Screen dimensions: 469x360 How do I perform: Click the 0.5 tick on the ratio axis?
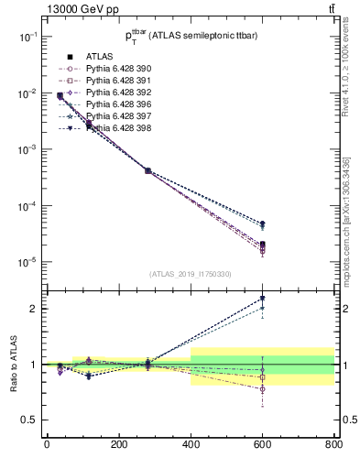29,420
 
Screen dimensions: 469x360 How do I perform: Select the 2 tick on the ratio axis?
35,309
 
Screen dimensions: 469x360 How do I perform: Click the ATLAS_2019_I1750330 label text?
190,274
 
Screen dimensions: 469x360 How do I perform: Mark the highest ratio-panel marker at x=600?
262,298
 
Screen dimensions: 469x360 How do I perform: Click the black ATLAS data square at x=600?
262,244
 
